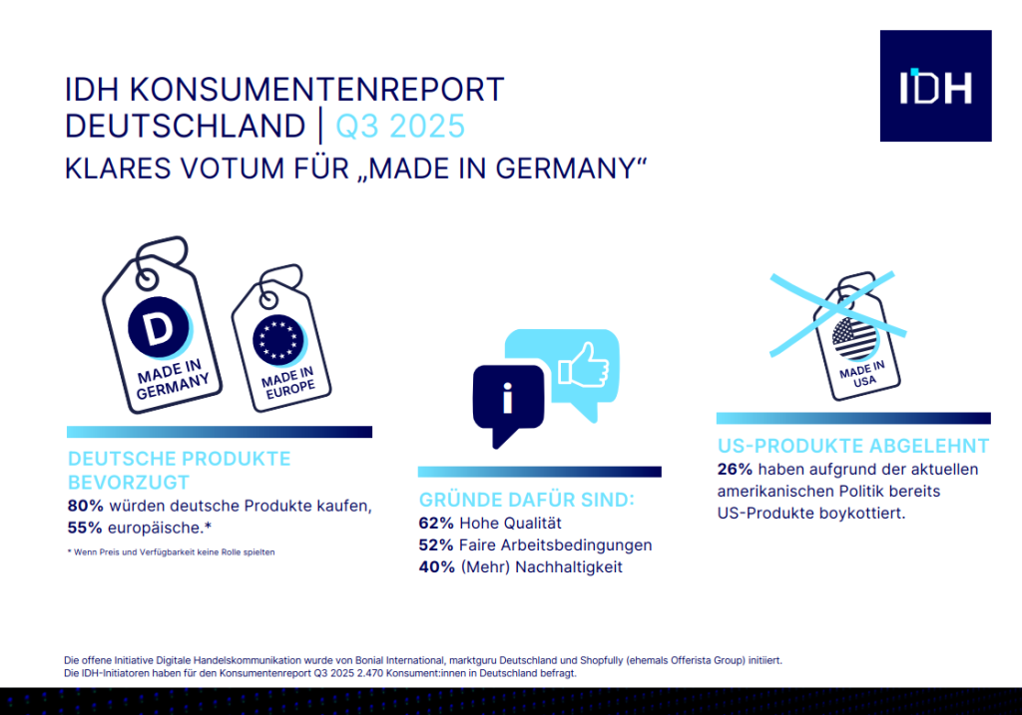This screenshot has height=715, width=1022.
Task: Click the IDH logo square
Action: [x=935, y=86]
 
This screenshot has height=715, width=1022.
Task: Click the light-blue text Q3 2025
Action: [x=400, y=127]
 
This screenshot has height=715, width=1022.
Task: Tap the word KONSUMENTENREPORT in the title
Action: [x=316, y=90]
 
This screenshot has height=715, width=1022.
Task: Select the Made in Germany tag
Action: [x=162, y=326]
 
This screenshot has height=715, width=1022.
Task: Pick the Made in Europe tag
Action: [x=280, y=339]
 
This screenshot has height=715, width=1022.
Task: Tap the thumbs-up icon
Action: [x=584, y=367]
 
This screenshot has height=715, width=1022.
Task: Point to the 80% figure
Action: [x=86, y=506]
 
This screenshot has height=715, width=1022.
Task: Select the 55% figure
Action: [x=85, y=528]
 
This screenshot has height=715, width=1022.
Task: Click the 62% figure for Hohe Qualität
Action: [x=436, y=524]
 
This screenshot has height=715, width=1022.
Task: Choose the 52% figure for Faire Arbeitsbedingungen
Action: [x=436, y=545]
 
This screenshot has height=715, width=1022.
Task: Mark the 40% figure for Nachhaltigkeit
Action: [x=437, y=567]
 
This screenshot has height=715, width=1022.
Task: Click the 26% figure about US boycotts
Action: [x=736, y=470]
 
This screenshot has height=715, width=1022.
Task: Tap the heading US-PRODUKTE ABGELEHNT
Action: [x=853, y=446]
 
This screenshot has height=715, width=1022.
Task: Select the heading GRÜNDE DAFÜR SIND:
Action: [x=527, y=501]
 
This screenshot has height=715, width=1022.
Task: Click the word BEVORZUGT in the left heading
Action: [x=129, y=483]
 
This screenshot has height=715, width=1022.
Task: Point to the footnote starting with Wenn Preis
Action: [x=171, y=552]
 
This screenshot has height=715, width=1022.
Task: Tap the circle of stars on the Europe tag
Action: [x=278, y=340]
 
